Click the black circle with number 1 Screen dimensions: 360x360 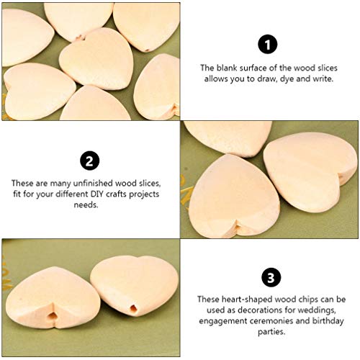(269, 45)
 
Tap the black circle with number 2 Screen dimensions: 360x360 (91, 159)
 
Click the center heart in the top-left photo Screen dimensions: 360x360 (98, 58)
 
